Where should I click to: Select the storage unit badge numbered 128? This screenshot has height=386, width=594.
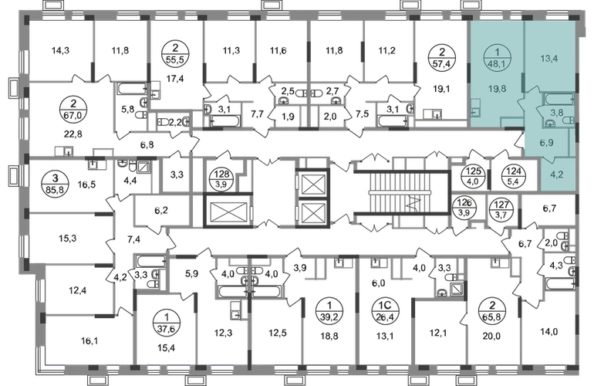[x=221, y=178]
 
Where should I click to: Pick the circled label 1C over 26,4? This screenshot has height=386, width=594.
[x=386, y=310]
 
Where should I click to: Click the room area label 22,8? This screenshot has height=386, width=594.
[x=73, y=134]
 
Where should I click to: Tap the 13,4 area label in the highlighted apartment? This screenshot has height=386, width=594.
[x=549, y=59]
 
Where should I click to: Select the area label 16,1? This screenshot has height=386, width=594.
[x=89, y=341]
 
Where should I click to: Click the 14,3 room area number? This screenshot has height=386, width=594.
[x=60, y=50]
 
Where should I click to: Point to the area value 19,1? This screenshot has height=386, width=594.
[x=442, y=90]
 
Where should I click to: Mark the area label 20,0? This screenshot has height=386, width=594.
[x=491, y=336]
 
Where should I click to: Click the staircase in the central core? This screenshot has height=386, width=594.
[x=402, y=193]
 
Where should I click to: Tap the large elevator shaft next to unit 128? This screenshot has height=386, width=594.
[x=228, y=211]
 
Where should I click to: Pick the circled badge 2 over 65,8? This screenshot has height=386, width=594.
[x=492, y=310]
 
